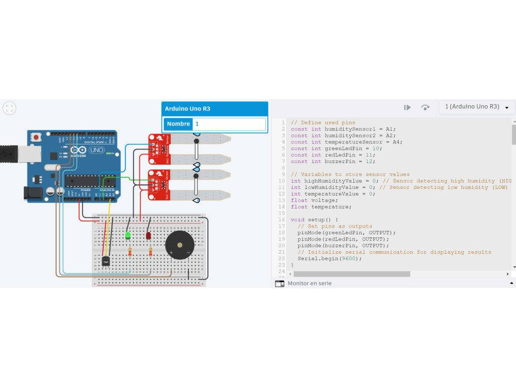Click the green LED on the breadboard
tap(127, 235)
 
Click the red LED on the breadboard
tap(148, 235)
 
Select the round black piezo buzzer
tap(180, 245)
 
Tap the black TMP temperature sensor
tap(106, 262)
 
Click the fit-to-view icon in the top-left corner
tap(9, 108)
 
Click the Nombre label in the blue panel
tap(179, 124)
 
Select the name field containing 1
tap(229, 124)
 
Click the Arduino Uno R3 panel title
tap(187, 109)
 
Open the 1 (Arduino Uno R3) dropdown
tap(477, 107)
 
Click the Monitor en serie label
tap(310, 283)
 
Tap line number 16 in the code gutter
tap(282, 220)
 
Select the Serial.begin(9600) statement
tap(329, 259)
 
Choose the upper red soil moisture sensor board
tap(158, 146)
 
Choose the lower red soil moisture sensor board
tap(158, 183)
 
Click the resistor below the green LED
tap(130, 252)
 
